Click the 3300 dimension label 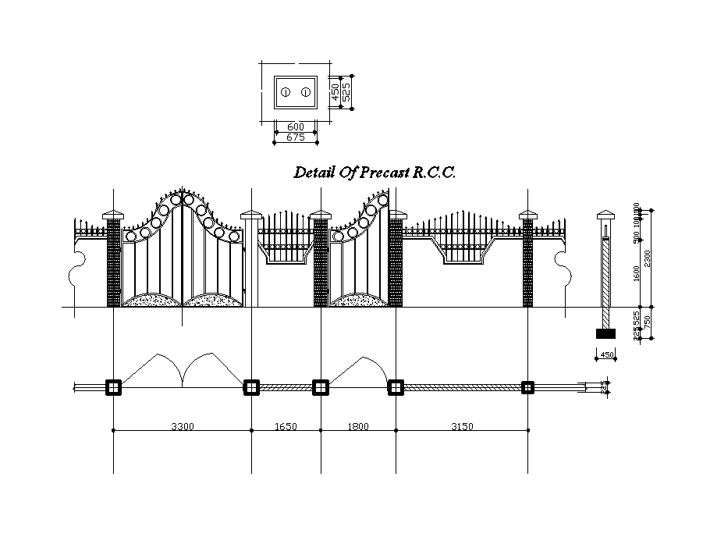pyautogui.click(x=183, y=426)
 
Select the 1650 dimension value pyautogui.click(x=285, y=426)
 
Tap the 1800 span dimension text pyautogui.click(x=357, y=426)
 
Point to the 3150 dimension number pyautogui.click(x=461, y=426)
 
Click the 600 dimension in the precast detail pyautogui.click(x=296, y=126)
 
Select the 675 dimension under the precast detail pyautogui.click(x=296, y=137)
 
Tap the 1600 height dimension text pyautogui.click(x=637, y=273)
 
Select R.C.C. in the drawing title pyautogui.click(x=435, y=173)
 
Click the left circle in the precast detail pyautogui.click(x=286, y=92)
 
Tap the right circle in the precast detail pyautogui.click(x=306, y=92)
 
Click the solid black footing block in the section pyautogui.click(x=605, y=333)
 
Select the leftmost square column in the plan pyautogui.click(x=114, y=387)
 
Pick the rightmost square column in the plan pyautogui.click(x=527, y=387)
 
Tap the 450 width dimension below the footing pyautogui.click(x=605, y=356)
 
